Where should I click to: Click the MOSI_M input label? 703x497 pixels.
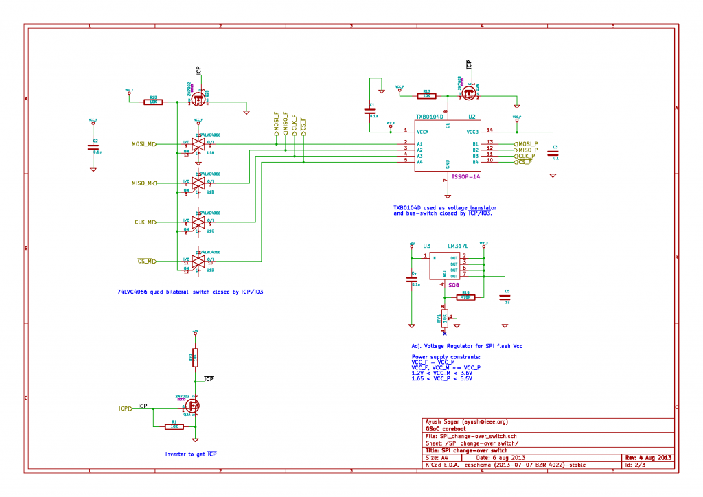(143, 144)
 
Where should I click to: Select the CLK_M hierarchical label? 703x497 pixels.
(145, 222)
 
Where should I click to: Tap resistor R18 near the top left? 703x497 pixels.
(153, 102)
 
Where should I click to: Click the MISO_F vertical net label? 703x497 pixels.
(285, 123)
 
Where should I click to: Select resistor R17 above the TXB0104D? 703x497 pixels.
(426, 96)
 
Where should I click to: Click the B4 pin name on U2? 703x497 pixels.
(474, 162)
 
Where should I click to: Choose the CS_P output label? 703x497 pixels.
(527, 162)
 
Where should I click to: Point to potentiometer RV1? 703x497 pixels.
(445, 318)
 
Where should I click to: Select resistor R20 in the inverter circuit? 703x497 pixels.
(195, 358)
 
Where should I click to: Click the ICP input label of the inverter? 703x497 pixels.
(125, 408)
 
